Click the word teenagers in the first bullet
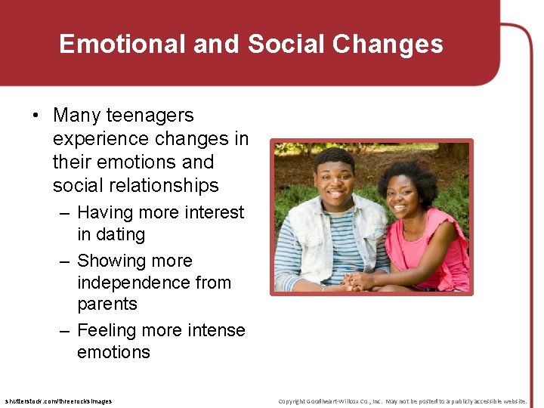[150, 116]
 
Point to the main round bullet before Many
[36, 116]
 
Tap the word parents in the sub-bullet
[107, 304]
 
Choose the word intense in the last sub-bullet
[216, 331]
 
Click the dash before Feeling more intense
[65, 331]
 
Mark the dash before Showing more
[65, 261]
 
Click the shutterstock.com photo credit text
[58, 401]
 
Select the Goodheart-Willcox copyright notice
[402, 401]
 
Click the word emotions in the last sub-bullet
[113, 353]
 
